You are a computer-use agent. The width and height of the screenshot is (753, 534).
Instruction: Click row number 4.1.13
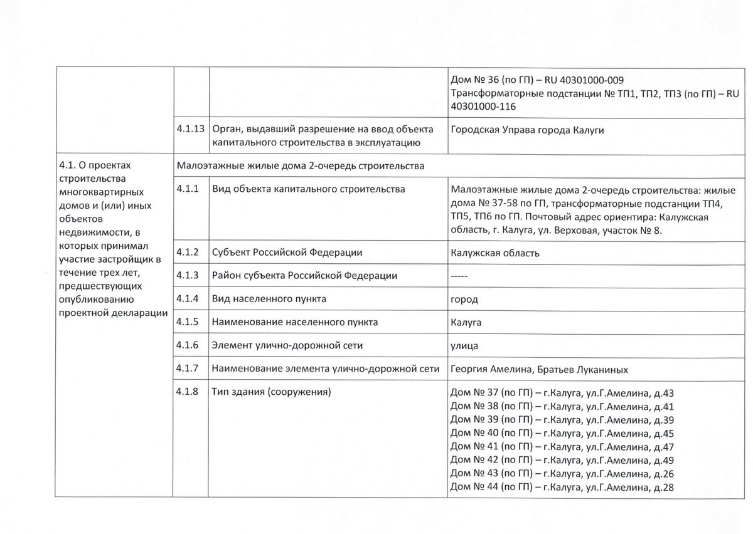pos(191,130)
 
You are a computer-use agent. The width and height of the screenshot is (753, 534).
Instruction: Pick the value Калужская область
pos(494,253)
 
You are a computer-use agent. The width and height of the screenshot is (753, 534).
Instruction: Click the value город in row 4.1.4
pos(464,299)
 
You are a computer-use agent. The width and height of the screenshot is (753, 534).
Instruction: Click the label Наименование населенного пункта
pos(295,322)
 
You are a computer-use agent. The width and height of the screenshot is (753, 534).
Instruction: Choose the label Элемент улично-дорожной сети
pos(287,345)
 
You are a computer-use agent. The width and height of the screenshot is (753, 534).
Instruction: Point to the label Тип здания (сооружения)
pos(272,393)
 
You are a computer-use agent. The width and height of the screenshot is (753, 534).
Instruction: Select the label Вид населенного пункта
pos(269,299)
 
